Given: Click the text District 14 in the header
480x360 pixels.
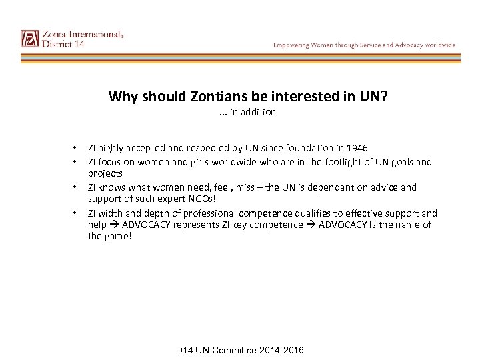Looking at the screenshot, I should pos(63,45).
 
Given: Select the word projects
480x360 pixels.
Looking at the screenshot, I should pos(105,173).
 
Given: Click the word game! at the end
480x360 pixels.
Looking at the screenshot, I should pos(119,237).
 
